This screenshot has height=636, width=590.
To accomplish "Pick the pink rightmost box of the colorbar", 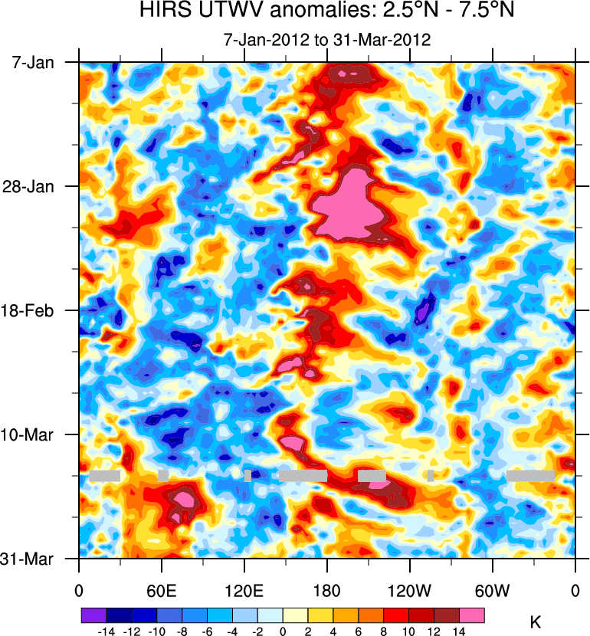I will click(x=472, y=615).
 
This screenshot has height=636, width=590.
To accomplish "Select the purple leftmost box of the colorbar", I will click(x=93, y=615).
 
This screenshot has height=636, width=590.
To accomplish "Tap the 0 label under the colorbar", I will click(x=283, y=630).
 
